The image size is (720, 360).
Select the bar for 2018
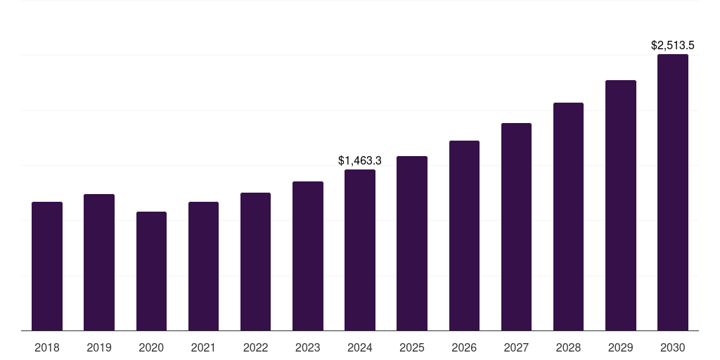47,266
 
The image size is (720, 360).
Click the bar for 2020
151,271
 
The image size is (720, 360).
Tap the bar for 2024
360,250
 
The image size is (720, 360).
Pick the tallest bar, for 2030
673,193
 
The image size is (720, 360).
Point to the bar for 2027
516,227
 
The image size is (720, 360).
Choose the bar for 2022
255,262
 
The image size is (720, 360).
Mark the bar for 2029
621,205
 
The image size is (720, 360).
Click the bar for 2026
464,236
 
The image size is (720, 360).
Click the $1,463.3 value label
360,160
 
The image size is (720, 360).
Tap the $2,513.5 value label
673,46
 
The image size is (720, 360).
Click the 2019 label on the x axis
99,347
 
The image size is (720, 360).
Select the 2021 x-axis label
203,347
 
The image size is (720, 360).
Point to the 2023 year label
308,347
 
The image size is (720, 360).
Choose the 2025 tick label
412,347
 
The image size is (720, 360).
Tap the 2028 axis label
568,347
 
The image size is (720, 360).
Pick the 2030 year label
673,347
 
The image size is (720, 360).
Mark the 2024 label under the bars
360,347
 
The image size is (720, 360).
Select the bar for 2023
308,256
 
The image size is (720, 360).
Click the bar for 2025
412,243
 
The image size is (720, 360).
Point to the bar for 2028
568,217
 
